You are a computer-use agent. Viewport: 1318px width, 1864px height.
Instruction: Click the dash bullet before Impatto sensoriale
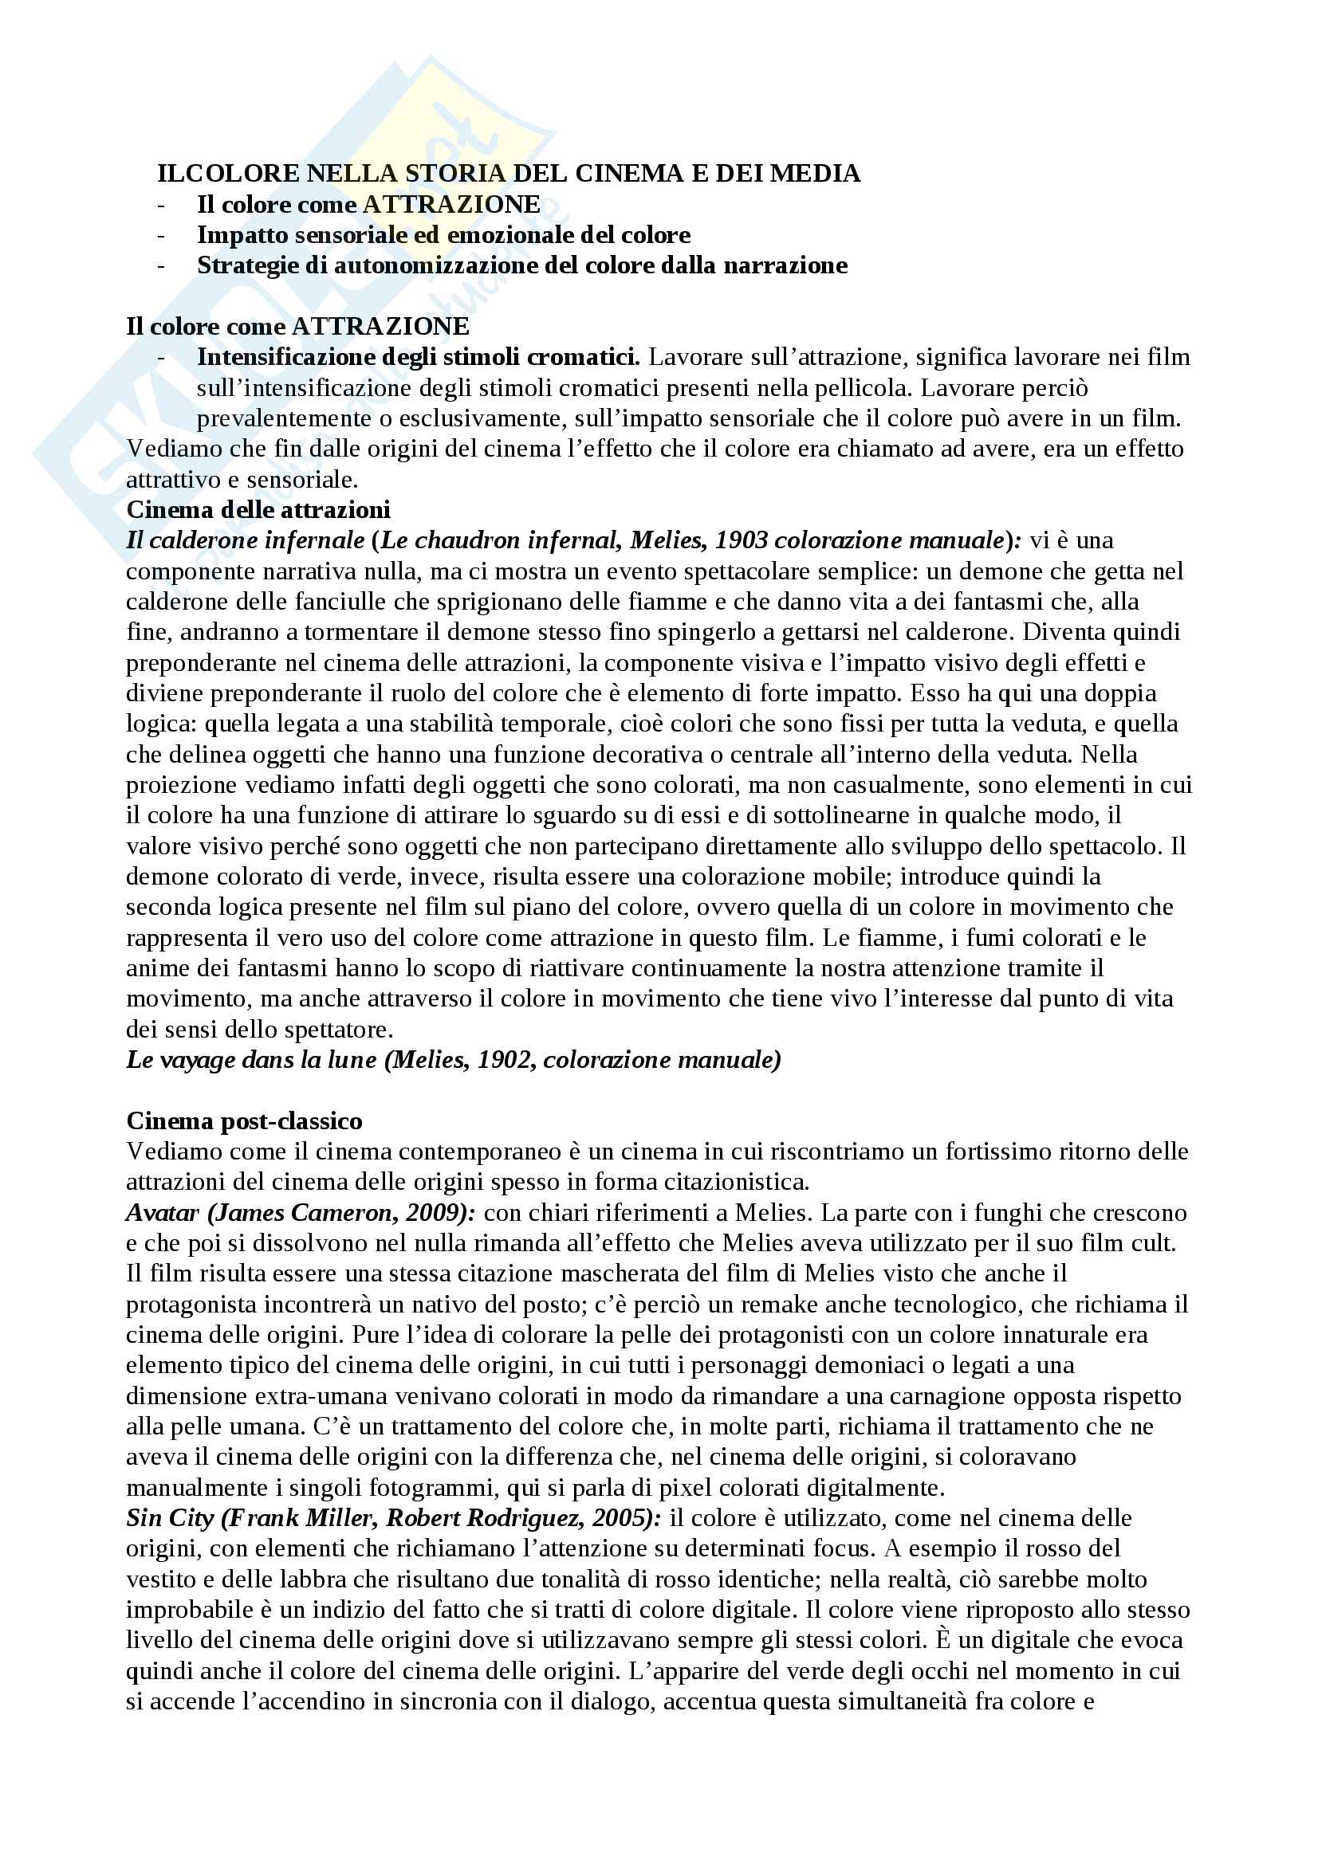pos(162,235)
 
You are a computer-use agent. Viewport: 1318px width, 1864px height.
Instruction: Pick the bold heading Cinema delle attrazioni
pos(258,510)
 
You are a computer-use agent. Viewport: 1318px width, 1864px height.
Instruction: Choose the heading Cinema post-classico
pos(245,1121)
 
